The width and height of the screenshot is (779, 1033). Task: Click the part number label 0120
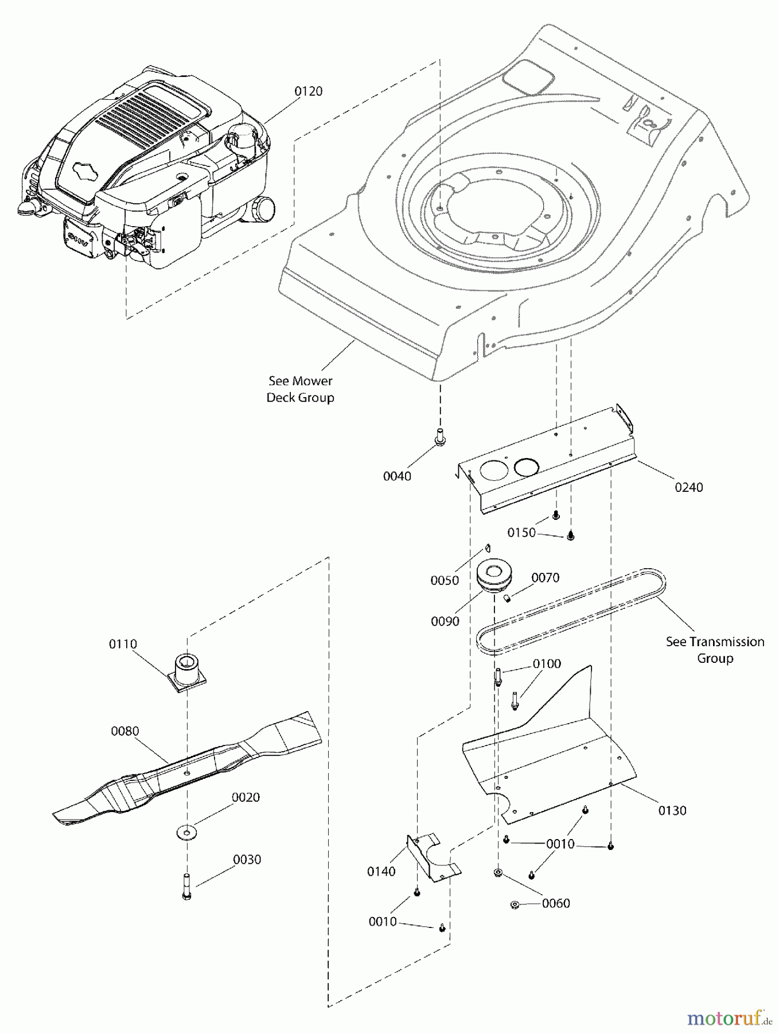(x=309, y=91)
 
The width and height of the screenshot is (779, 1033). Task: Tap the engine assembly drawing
(x=149, y=172)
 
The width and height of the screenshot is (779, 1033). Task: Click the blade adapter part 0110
(x=187, y=671)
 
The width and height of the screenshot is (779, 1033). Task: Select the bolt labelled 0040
(x=440, y=436)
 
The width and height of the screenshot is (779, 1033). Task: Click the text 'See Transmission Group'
(x=715, y=650)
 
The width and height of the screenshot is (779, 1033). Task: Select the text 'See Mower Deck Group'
(x=300, y=389)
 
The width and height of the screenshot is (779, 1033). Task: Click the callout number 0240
(x=688, y=487)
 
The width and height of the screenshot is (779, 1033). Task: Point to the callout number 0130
(x=672, y=810)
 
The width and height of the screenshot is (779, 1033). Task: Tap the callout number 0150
(x=521, y=533)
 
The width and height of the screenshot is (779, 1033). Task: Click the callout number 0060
(x=555, y=903)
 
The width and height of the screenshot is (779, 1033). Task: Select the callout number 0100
(x=547, y=664)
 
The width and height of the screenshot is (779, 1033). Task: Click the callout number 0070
(x=545, y=577)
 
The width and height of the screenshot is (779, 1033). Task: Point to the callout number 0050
(x=445, y=580)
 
